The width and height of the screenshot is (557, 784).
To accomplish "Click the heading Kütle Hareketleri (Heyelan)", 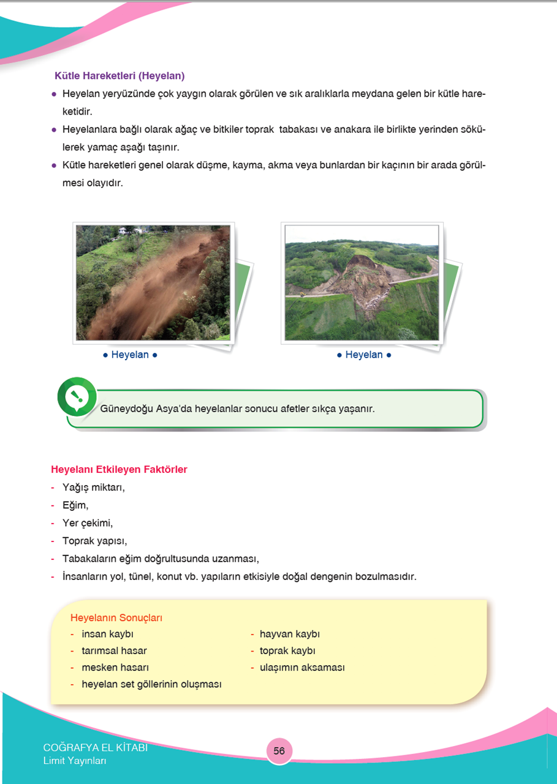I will click(119, 76).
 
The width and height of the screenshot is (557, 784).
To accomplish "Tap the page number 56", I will click(279, 751).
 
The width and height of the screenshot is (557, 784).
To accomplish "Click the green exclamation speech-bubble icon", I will click(77, 396).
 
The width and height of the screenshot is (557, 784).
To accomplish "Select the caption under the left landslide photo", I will click(130, 355).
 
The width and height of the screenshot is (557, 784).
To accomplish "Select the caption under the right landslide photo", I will click(364, 355).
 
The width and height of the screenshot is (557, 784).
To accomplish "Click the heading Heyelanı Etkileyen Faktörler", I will click(119, 470).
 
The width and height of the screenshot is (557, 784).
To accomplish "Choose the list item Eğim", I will click(75, 505).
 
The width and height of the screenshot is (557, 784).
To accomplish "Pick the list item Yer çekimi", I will click(88, 523).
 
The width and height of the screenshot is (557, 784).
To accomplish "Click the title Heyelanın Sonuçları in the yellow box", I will click(116, 617).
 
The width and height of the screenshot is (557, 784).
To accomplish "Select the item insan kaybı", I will click(107, 634).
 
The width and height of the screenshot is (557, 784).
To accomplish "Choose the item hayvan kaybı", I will click(289, 634).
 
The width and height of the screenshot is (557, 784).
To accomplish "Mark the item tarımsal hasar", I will click(114, 650).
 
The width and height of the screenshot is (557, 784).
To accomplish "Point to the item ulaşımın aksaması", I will click(301, 667).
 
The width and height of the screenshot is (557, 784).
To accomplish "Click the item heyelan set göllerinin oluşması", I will click(151, 684).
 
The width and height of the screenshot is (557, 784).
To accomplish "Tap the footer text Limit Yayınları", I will click(75, 761).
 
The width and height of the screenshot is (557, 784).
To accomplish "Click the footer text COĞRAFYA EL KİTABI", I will click(95, 748).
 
